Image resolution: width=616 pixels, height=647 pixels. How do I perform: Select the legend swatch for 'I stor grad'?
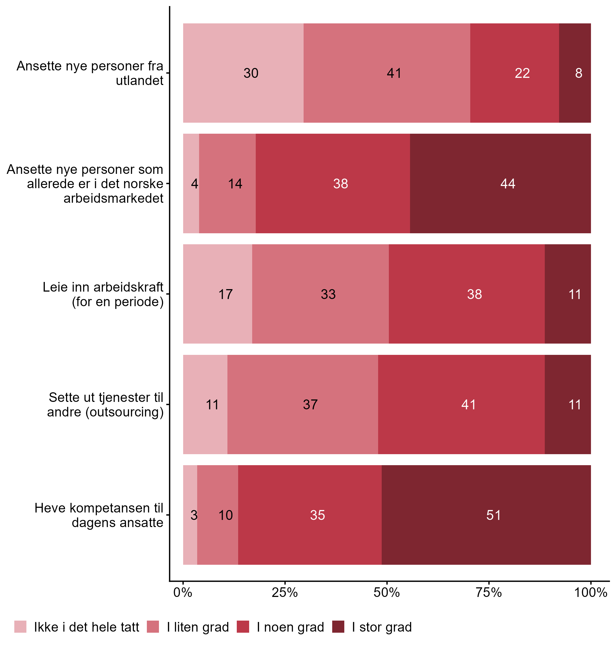click(338, 627)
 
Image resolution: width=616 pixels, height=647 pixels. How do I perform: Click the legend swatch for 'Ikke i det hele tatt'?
click(20, 627)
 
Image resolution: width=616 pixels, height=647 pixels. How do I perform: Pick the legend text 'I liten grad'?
click(198, 627)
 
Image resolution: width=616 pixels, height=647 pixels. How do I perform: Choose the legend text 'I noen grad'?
click(290, 627)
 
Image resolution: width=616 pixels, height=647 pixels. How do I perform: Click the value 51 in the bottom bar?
click(494, 515)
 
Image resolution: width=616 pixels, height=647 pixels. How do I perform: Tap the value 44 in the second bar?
click(508, 183)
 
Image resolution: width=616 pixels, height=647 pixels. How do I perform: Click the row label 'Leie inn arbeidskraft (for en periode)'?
click(103, 294)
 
